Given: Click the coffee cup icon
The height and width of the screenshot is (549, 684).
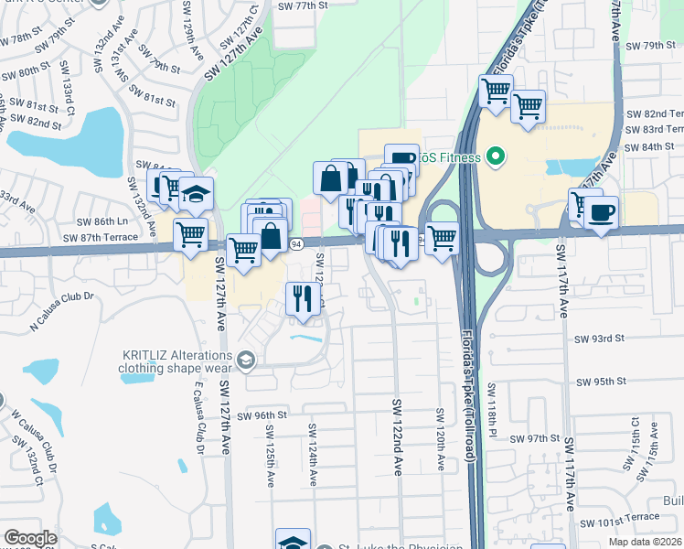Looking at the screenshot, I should [x=601, y=213].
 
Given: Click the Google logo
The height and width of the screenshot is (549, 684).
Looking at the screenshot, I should [x=30, y=538].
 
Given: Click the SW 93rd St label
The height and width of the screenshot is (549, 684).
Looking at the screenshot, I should [x=600, y=339].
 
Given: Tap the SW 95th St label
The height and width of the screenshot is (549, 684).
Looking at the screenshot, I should [x=599, y=382].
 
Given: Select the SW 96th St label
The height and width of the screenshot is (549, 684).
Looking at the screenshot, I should [x=262, y=415].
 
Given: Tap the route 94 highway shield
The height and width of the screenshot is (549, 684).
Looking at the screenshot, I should [x=296, y=244].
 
